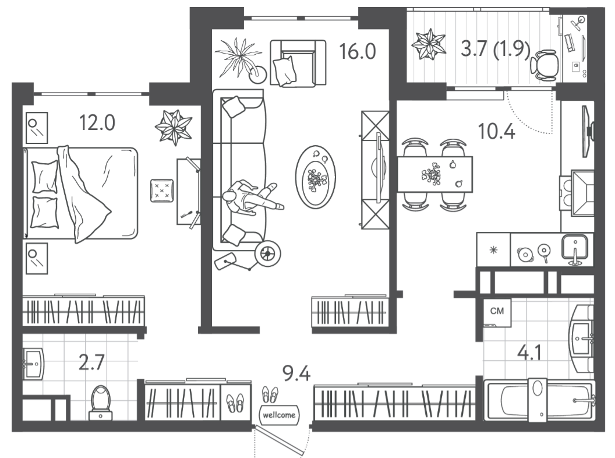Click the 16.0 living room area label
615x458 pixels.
(358, 52)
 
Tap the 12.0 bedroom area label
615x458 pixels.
(97, 123)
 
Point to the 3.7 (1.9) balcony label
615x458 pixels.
(496, 50)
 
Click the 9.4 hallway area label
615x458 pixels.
(297, 374)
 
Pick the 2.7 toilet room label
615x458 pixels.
(91, 362)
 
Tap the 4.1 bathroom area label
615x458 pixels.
(529, 353)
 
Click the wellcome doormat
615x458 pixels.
(279, 414)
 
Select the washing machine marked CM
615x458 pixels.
(497, 312)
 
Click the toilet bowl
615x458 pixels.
(101, 402)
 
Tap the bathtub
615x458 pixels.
(539, 400)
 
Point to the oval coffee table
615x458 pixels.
(315, 177)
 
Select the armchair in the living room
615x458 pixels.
(298, 63)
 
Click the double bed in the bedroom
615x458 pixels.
(80, 193)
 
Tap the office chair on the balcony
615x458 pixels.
(545, 65)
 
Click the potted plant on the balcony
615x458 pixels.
(428, 44)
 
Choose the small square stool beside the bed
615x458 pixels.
(162, 191)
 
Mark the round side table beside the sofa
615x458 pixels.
(267, 253)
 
